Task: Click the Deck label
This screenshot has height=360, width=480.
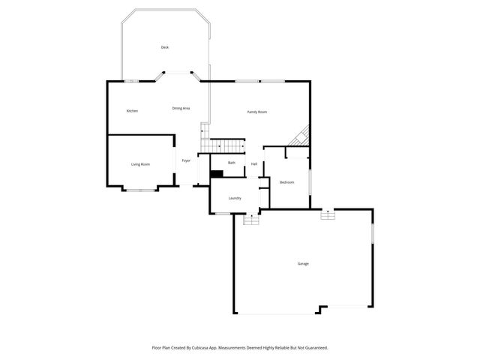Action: click(164, 47)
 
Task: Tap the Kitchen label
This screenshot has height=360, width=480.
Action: click(132, 111)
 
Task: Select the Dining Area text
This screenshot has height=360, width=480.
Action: click(181, 108)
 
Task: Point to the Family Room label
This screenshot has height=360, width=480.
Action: click(257, 112)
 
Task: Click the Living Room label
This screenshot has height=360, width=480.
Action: click(140, 164)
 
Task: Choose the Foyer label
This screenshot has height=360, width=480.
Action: click(186, 160)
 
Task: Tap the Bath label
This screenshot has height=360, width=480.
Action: click(232, 163)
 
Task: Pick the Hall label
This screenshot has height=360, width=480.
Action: click(254, 164)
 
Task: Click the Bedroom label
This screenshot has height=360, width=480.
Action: click(286, 182)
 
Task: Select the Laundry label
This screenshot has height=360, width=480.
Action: click(235, 198)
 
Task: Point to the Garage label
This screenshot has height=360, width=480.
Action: click(303, 263)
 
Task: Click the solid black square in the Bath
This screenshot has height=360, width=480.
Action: click(217, 174)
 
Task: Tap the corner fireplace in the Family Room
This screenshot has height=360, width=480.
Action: click(301, 136)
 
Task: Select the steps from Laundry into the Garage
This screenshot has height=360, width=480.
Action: click(250, 219)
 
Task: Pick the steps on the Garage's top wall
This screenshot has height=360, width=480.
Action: click(327, 215)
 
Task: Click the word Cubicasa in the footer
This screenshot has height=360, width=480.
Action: click(201, 347)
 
